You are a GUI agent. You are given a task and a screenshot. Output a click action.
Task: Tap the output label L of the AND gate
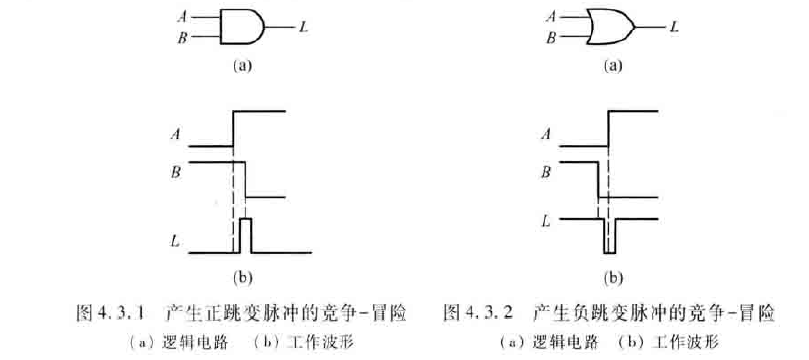pos(303,27)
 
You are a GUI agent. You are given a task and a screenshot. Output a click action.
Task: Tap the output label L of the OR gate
pos(674,27)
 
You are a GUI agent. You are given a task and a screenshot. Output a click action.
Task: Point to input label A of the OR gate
pos(550,16)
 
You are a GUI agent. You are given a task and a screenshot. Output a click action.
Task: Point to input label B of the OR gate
pos(550,38)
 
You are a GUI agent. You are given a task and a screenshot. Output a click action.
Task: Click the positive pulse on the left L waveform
pos(246,234)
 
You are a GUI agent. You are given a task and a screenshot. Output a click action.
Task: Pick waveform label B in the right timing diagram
pos(545,173)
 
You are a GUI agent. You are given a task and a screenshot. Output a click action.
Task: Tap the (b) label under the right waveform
pos(613,278)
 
